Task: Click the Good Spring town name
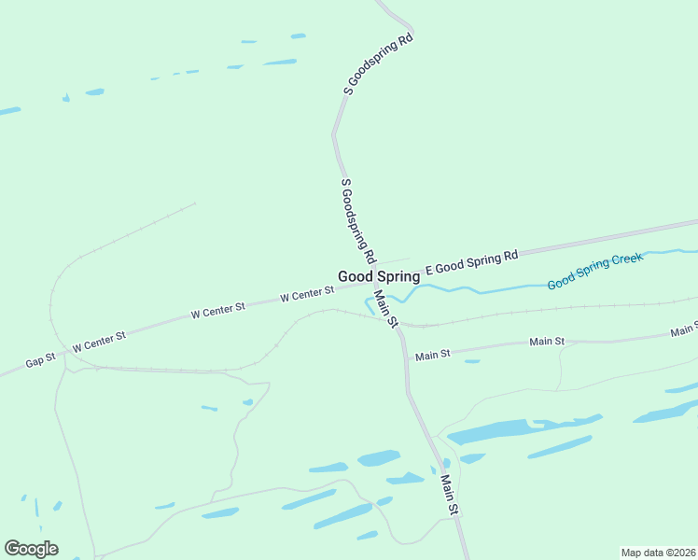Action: pyautogui.click(x=378, y=276)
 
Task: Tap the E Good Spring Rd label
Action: pyautogui.click(x=471, y=262)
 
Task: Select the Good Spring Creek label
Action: pyautogui.click(x=594, y=270)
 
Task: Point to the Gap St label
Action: pyautogui.click(x=40, y=359)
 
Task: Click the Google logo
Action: pyautogui.click(x=31, y=549)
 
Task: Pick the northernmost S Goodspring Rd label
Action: pyautogui.click(x=378, y=65)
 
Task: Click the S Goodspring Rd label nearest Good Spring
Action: pyautogui.click(x=358, y=220)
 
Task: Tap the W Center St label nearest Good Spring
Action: pyautogui.click(x=306, y=295)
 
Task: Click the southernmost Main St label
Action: pyautogui.click(x=450, y=496)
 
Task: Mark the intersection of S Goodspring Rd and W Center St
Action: pyautogui.click(x=374, y=281)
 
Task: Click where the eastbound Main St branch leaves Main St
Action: pyautogui.click(x=405, y=358)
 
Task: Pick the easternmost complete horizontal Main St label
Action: pyautogui.click(x=547, y=342)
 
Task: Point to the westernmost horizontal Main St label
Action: pyautogui.click(x=433, y=355)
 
